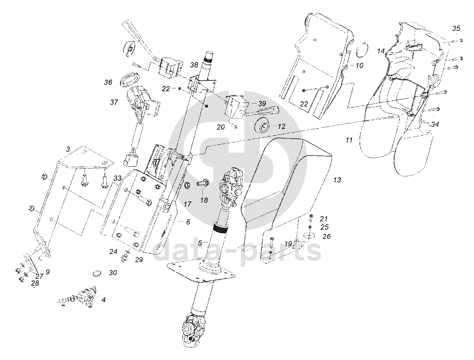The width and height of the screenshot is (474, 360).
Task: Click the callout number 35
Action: tap(456, 28)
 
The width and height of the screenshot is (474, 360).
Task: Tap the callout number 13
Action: tap(337, 180)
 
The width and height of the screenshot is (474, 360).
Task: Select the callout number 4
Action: tap(104, 300)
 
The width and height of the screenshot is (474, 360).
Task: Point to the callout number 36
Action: tap(108, 82)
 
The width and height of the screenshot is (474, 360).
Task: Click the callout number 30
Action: tap(113, 273)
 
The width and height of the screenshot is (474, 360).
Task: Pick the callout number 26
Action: tap(326, 237)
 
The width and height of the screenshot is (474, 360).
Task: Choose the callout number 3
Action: tap(67, 150)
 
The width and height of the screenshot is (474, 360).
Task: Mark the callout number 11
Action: tap(349, 140)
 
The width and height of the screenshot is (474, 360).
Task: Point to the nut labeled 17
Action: tap(187, 185)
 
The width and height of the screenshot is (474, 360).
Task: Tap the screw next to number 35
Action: tap(457, 40)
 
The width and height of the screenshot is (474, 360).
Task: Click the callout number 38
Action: tap(194, 66)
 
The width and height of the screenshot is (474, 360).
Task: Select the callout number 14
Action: tap(381, 51)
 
